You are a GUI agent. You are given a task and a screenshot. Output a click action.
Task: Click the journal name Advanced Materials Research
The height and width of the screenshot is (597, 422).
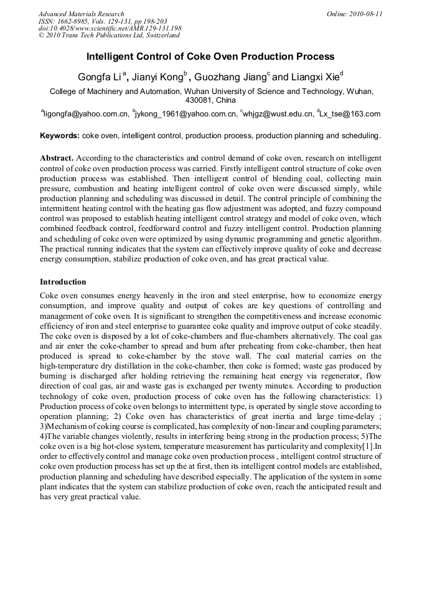click(x=81, y=14)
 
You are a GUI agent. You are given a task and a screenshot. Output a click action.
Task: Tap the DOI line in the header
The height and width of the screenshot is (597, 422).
click(x=110, y=29)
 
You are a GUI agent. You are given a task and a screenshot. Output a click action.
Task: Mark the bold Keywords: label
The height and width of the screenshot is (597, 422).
click(x=60, y=136)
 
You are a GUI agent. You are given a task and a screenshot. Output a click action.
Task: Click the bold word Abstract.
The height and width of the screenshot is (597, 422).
click(x=57, y=159)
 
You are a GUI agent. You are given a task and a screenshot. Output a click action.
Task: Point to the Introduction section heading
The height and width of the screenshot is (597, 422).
click(x=63, y=282)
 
